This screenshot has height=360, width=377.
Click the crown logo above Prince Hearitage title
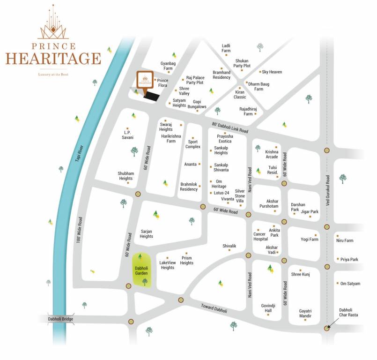pos(53,23)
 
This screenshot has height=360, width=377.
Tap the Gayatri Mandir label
pos(305,314)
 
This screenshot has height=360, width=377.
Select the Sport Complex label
pos(193,144)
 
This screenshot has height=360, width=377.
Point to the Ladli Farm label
pos(226,48)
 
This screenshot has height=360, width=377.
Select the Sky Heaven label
pos(272,72)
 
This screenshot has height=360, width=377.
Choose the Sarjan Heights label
pos(147,233)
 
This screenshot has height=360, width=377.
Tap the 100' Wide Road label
pos(80,229)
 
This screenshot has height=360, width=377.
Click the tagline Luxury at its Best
pos(53,75)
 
